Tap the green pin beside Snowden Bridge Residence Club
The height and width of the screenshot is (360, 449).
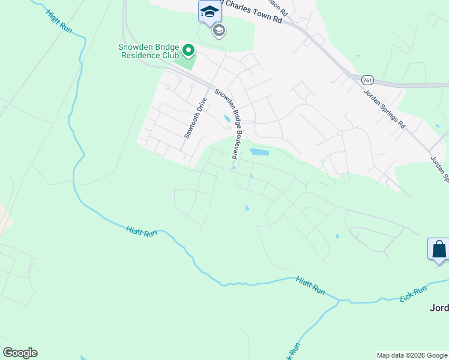[x=188, y=50]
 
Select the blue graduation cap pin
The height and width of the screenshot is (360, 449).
[x=209, y=11]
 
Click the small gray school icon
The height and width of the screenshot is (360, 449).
[x=219, y=31]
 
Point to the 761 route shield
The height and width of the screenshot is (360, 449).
[x=368, y=79]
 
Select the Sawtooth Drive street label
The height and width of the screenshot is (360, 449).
[x=196, y=118]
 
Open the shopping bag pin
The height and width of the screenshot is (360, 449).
[x=438, y=248]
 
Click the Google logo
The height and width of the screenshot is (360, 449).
[x=20, y=353]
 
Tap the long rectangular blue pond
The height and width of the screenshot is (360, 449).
[x=259, y=152]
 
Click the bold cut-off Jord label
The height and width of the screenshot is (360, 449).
[x=439, y=308]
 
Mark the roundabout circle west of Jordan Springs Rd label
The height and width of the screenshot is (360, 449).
[x=340, y=133]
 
